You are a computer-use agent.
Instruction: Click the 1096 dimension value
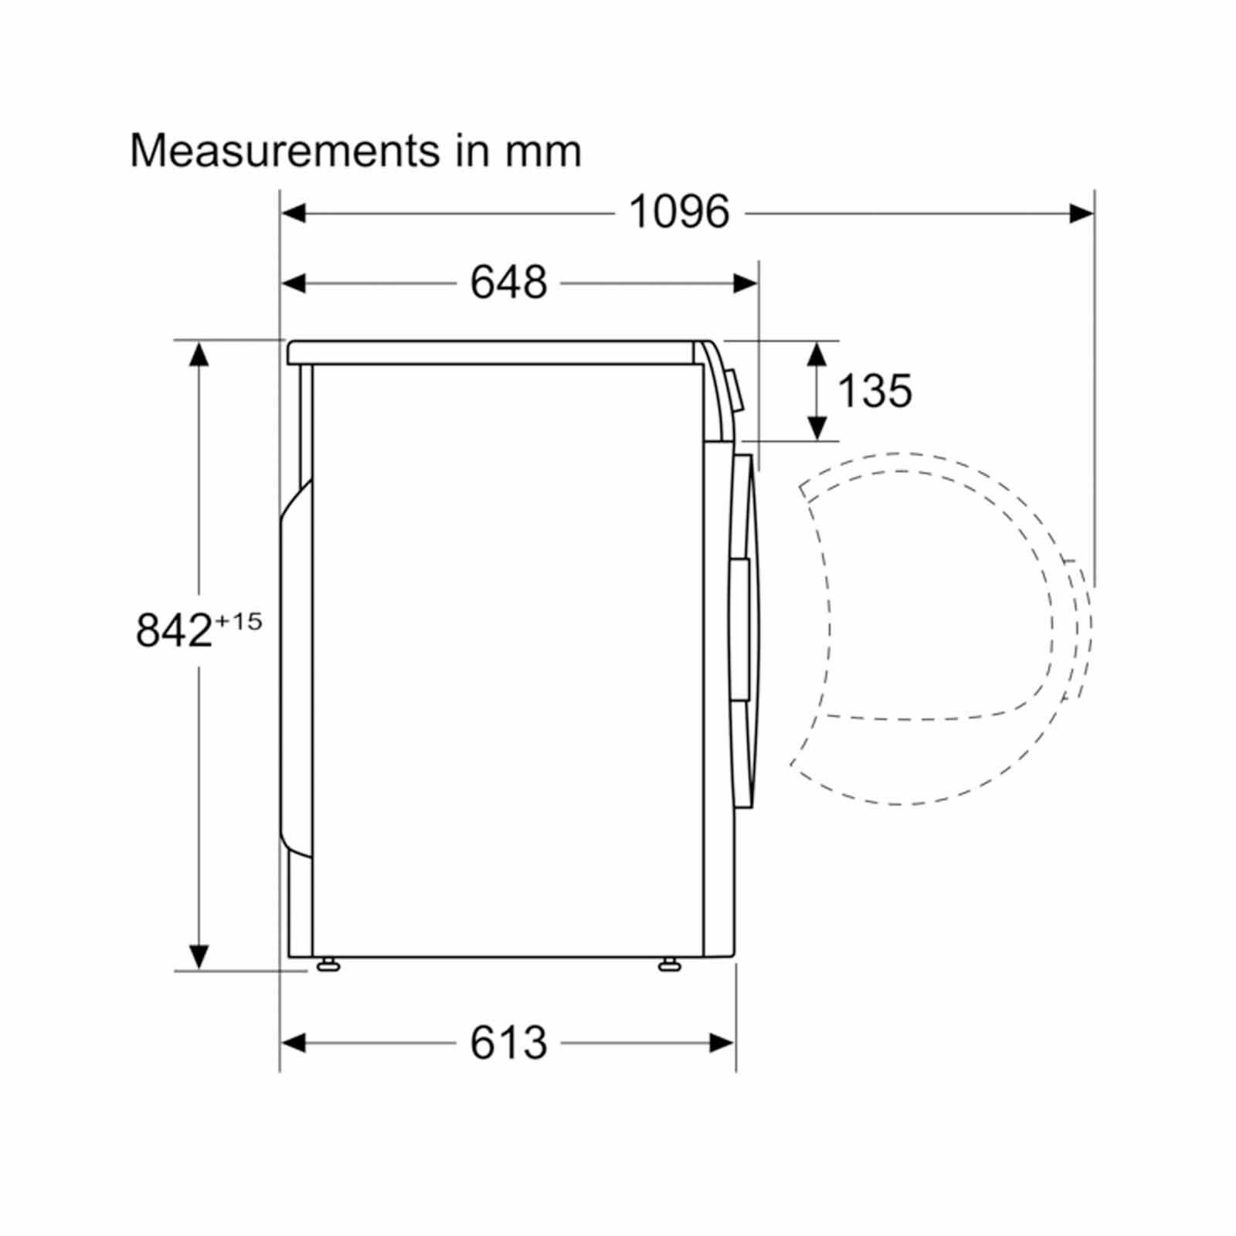pyautogui.click(x=679, y=212)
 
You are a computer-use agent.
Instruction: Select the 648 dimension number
pyautogui.click(x=508, y=282)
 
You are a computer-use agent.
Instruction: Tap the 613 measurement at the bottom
pyautogui.click(x=508, y=1043)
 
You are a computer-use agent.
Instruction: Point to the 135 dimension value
pyautogui.click(x=874, y=391)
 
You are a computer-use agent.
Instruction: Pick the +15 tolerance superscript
pyautogui.click(x=239, y=621)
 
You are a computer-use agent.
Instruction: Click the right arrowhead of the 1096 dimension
pyautogui.click(x=1081, y=212)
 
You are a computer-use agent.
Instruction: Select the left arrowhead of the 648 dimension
pyautogui.click(x=294, y=284)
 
